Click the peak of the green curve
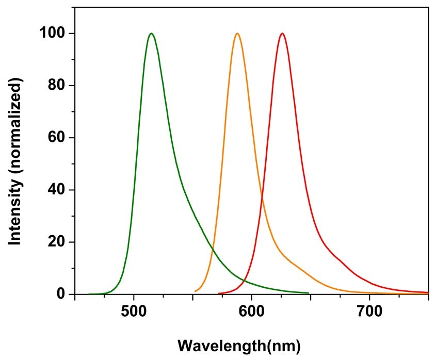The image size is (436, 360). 151,34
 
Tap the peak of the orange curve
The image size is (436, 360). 237,34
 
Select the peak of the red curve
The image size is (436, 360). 282,34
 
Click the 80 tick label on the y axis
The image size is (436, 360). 59,86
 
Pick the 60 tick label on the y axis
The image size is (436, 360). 59,138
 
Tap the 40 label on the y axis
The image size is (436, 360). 59,190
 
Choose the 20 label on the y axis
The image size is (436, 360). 59,242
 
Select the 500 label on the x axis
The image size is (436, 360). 134,313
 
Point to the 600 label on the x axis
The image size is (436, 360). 251,313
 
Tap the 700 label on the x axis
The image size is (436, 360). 369,313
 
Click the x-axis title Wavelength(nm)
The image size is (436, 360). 238,344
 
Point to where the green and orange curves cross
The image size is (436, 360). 213,250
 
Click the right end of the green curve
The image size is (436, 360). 309,293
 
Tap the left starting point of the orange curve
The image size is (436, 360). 195,291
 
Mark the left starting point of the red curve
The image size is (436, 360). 219,294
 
